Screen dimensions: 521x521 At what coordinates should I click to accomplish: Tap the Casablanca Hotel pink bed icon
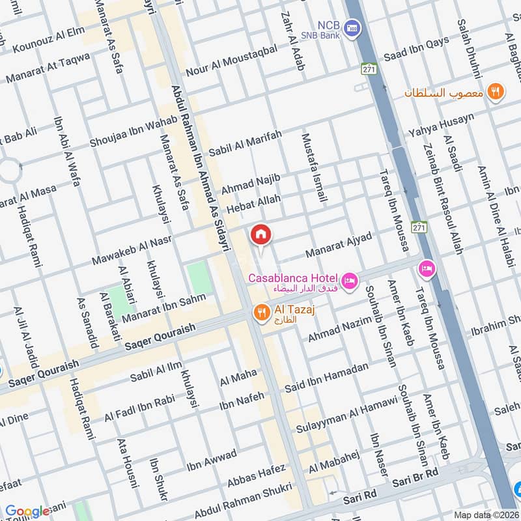tap(350, 281)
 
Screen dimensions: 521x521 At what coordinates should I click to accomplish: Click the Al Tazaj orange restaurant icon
tap(261, 313)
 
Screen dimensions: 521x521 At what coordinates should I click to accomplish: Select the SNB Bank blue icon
tap(352, 27)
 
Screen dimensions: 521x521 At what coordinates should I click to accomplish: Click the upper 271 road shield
tap(369, 68)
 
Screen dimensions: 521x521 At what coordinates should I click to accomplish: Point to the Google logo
tap(27, 511)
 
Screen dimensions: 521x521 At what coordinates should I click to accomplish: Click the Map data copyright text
tap(485, 514)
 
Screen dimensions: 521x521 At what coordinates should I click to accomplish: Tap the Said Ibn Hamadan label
tap(326, 378)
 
